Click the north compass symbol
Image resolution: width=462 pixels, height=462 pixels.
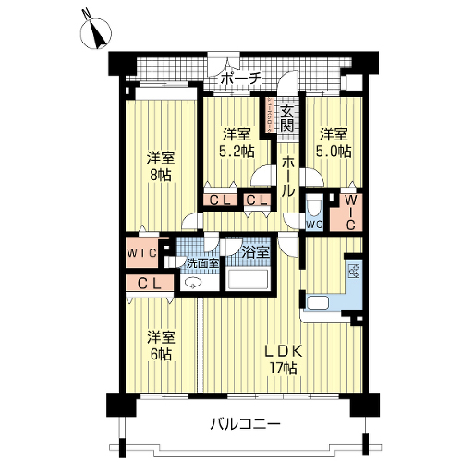coord(96,33)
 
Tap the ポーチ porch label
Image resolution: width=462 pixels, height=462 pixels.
coord(241,79)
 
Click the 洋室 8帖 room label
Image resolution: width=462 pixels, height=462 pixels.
coord(160,166)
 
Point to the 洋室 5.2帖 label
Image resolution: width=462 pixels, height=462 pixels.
coord(237,142)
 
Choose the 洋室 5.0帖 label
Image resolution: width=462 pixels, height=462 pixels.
coord(334,142)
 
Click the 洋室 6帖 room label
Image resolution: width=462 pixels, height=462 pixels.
coord(161,346)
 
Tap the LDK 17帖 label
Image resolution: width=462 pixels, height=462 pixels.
coord(284,359)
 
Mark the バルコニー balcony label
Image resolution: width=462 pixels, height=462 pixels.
coord(246,425)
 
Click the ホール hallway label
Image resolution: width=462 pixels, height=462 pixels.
coord(288,176)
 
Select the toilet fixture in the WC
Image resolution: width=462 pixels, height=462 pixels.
coord(314,206)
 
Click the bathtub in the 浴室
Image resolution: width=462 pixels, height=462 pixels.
coord(248,279)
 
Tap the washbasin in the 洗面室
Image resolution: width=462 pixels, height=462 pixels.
coord(191,282)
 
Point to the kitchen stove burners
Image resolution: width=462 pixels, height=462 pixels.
coord(354,271)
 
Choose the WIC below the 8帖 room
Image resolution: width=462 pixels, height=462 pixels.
coord(142,253)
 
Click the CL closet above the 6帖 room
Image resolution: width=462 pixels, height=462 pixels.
coord(150,283)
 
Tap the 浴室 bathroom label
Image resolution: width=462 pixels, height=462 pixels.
coord(255,252)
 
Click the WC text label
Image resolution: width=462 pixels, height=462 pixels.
coord(314,225)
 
